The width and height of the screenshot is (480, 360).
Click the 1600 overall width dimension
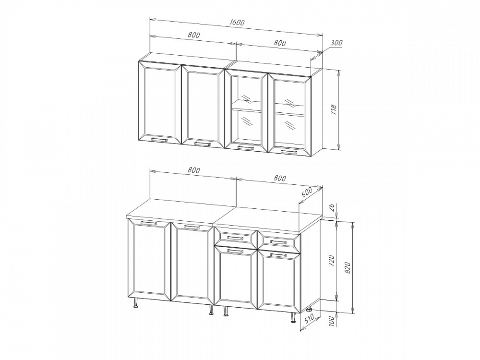[x=237, y=23]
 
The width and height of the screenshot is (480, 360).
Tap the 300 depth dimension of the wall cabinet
[x=336, y=43]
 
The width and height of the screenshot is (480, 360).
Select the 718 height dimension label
[x=334, y=109]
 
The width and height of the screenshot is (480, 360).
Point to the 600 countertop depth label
[x=307, y=192]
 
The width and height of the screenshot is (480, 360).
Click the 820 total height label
[x=347, y=268]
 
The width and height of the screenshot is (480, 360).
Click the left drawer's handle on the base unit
[x=235, y=238]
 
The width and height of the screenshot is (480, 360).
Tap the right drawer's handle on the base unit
[x=278, y=242]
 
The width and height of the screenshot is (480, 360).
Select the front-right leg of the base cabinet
[x=293, y=317]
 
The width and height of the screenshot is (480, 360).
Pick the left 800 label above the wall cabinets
[x=194, y=35]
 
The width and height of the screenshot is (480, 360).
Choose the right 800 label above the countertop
[x=280, y=178]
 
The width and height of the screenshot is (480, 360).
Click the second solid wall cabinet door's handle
[x=203, y=144]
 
